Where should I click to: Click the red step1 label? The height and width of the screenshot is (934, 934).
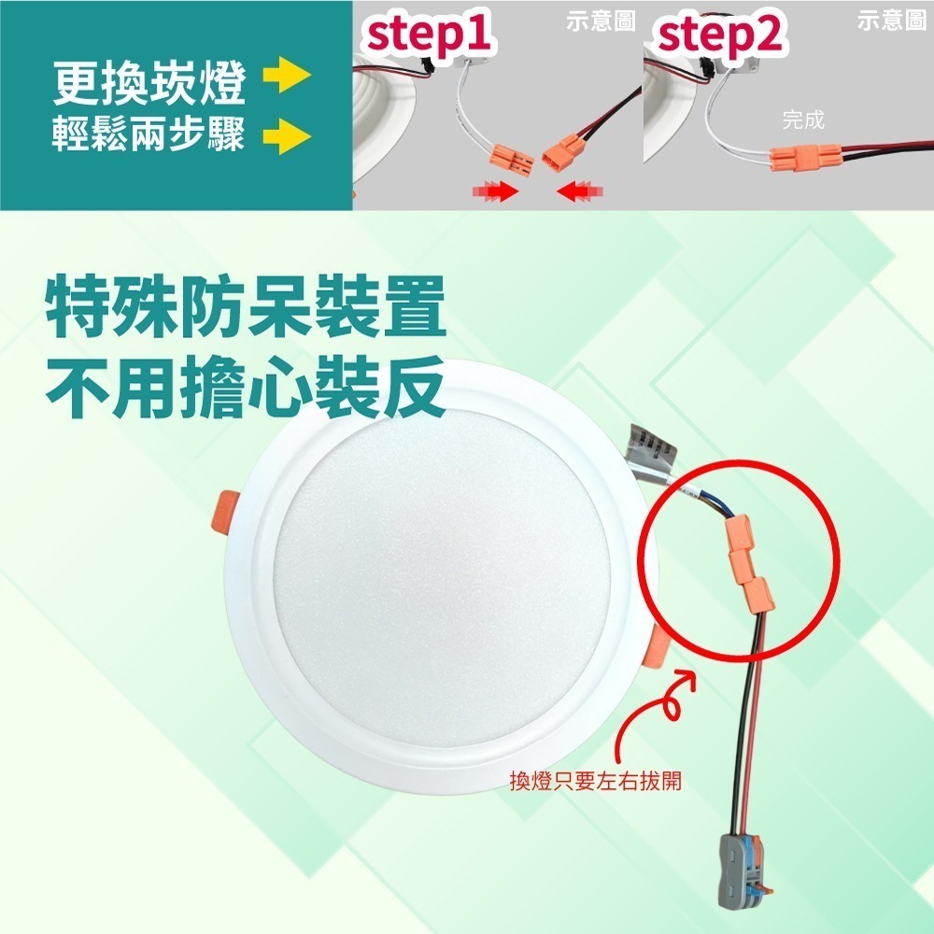(x=429, y=35)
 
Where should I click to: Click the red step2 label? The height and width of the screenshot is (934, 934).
(x=721, y=35)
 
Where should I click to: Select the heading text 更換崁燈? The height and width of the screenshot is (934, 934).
(x=149, y=85)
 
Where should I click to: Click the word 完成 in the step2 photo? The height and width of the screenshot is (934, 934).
(x=803, y=120)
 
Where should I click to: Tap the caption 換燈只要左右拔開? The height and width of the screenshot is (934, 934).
(x=595, y=780)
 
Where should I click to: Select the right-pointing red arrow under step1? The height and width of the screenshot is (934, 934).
(x=496, y=191)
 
